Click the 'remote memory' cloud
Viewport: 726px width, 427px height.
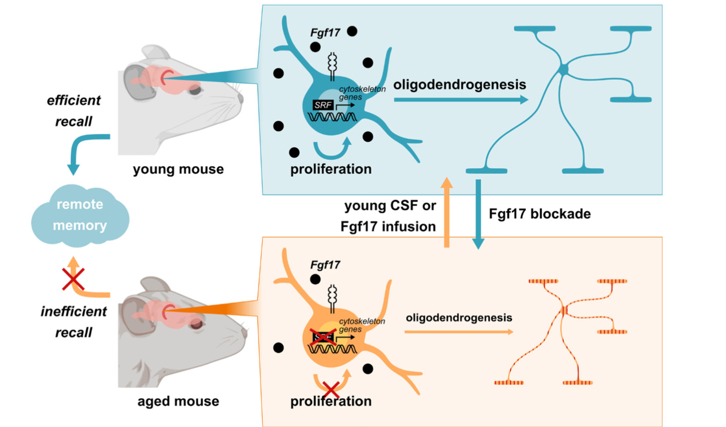(80, 215)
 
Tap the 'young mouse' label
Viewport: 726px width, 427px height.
(178, 169)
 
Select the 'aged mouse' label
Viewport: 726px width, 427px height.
(178, 402)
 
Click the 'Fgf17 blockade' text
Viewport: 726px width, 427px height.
(540, 214)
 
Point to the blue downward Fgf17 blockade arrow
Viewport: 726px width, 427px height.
(478, 214)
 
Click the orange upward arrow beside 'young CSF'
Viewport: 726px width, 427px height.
(447, 213)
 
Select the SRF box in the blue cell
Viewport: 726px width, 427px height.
(323, 105)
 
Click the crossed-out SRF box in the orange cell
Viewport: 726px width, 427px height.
(323, 337)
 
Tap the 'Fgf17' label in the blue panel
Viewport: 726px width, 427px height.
(325, 32)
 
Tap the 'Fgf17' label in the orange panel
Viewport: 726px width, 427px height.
(325, 265)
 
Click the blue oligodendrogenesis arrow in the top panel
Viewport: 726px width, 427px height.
(461, 100)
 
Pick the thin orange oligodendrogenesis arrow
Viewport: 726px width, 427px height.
(459, 332)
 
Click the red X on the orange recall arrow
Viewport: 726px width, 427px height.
(73, 279)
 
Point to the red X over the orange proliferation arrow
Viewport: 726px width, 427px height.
(331, 389)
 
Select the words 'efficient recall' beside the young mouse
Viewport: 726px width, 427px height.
(74, 111)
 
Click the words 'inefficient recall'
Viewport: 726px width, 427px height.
(74, 321)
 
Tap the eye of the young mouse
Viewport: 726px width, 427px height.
(195, 90)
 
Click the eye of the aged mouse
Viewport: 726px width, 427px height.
(196, 324)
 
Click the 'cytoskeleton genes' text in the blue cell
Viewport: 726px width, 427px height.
(362, 93)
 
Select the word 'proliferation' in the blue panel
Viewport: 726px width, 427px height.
(331, 169)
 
